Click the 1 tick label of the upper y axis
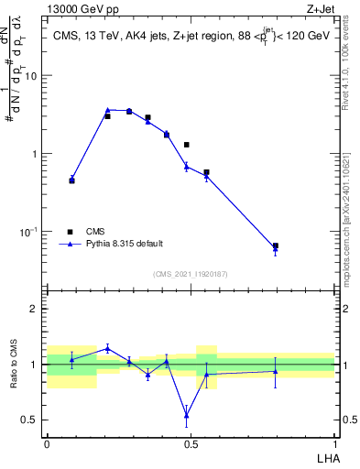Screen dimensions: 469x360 [x=35, y=154]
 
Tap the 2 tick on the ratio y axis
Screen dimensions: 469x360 [x=36, y=309]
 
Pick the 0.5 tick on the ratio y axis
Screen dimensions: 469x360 [x=30, y=420]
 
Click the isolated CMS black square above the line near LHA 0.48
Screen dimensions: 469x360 [x=186, y=145]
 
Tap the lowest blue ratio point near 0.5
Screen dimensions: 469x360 [x=186, y=415]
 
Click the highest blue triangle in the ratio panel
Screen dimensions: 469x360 [x=107, y=348]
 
